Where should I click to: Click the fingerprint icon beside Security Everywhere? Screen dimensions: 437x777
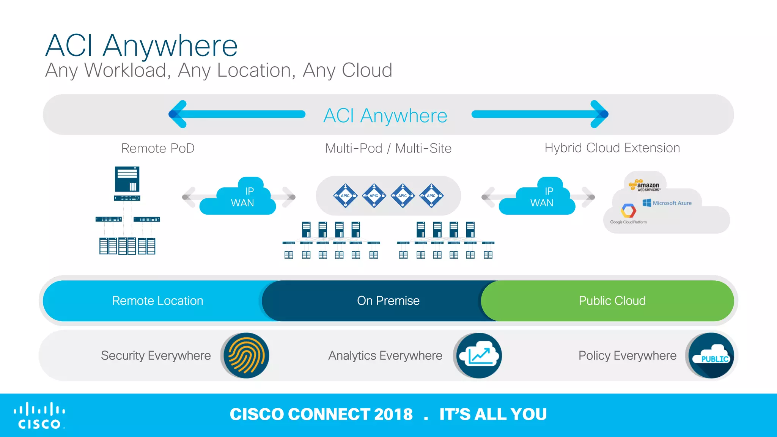246,355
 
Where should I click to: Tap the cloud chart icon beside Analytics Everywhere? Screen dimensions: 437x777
479,355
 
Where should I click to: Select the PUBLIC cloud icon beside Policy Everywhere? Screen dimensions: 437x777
711,355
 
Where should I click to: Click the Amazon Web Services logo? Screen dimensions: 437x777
645,185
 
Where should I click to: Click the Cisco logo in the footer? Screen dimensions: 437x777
39,415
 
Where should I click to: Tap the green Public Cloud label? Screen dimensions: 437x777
612,301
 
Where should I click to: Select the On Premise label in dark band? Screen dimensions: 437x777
388,301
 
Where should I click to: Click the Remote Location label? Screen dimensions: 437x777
157,301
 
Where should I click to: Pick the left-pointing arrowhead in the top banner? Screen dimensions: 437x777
178,114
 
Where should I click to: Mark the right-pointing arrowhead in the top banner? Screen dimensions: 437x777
599,114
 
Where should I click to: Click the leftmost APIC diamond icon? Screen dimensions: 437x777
345,196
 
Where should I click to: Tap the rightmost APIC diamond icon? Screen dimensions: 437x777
431,196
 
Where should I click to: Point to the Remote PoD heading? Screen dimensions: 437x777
157,148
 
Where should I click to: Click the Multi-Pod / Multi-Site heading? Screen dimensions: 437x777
388,148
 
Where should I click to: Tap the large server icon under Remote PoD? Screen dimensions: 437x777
127,179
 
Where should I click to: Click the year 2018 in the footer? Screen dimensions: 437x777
393,414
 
